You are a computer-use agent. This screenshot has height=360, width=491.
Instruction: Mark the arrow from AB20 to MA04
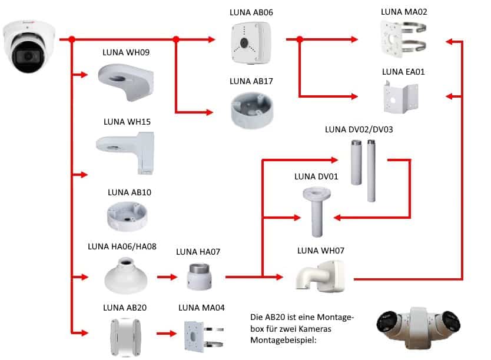[x=167, y=334]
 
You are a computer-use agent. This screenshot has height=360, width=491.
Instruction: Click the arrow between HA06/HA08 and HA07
[x=167, y=276]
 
